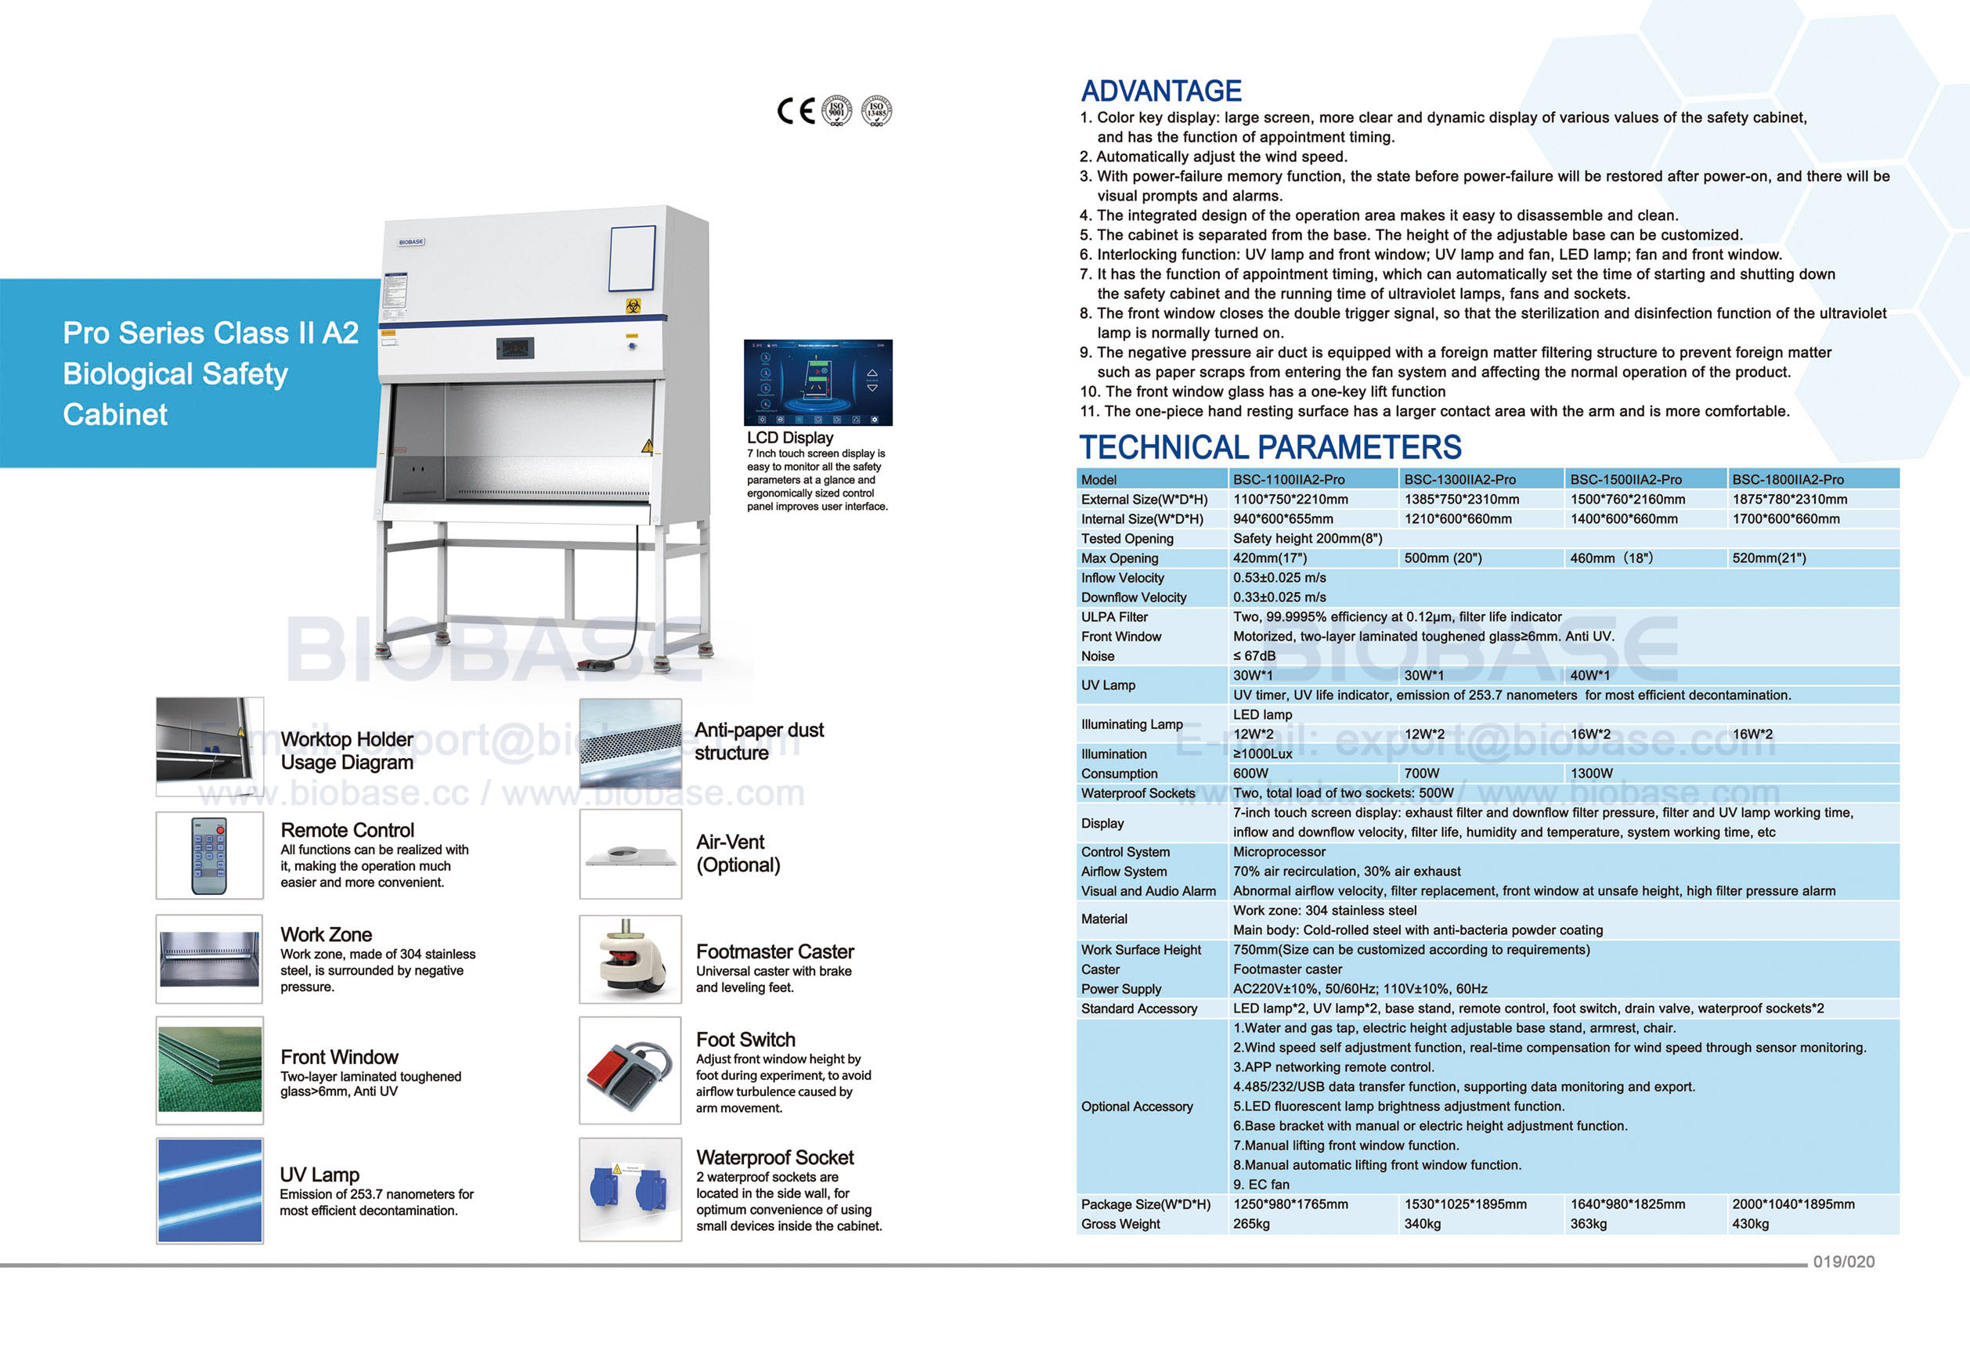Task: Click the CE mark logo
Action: (796, 111)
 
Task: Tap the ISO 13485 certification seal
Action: (876, 111)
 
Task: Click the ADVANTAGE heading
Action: (1160, 91)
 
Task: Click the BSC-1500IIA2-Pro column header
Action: (1625, 480)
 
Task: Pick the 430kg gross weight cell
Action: (1751, 1224)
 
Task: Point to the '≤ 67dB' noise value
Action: (1254, 656)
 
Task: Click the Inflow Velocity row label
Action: (1122, 578)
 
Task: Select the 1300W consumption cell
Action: (1591, 773)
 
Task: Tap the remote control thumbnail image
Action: (209, 855)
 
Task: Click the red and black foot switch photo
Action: (630, 1070)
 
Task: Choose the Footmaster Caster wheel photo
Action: (630, 958)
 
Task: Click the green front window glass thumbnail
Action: (209, 1070)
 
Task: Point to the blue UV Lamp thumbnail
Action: (209, 1190)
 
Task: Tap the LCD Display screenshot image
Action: (817, 382)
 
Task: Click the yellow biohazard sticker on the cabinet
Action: (633, 305)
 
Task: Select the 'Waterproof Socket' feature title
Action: (775, 1157)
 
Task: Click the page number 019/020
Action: (1844, 1261)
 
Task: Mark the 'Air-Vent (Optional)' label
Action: (738, 853)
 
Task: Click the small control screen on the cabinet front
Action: (514, 348)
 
